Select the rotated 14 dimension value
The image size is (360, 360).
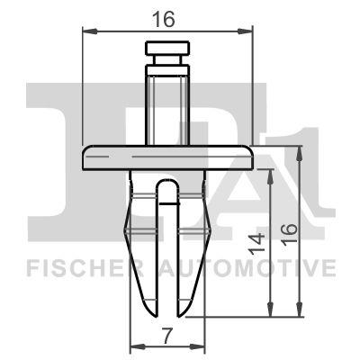click(x=257, y=241)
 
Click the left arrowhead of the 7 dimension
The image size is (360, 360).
click(x=135, y=346)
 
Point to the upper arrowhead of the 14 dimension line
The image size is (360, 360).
click(x=271, y=172)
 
